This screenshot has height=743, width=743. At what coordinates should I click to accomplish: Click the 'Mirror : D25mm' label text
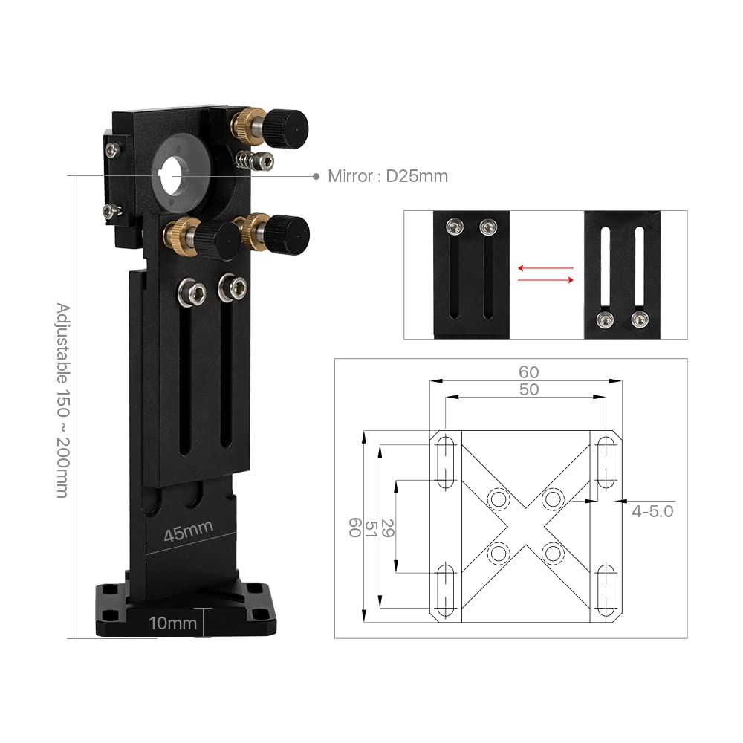tap(388, 176)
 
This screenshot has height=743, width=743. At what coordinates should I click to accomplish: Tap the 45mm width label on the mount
tap(189, 531)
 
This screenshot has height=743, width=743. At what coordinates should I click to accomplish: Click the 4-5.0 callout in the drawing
tap(652, 511)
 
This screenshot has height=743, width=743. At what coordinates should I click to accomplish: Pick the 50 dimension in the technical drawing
tap(528, 389)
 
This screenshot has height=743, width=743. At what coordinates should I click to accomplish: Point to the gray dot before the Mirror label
tap(316, 176)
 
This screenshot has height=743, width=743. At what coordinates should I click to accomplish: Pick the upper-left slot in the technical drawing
tap(446, 462)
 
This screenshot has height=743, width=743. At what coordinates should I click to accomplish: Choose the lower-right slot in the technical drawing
tap(606, 591)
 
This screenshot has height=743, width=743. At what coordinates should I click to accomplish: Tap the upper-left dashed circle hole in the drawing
tap(496, 498)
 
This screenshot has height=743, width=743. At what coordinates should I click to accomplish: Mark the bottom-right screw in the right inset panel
tap(638, 320)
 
